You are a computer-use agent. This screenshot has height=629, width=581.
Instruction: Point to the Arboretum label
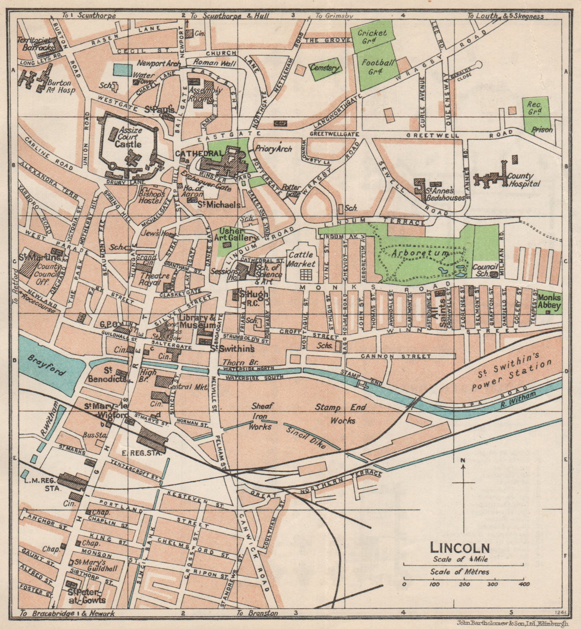click(422, 254)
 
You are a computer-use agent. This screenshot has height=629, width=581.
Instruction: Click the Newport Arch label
click(159, 63)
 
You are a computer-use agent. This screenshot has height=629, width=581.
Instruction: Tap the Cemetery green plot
click(324, 68)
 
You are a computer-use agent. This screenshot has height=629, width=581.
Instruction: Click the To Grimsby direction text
click(334, 16)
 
